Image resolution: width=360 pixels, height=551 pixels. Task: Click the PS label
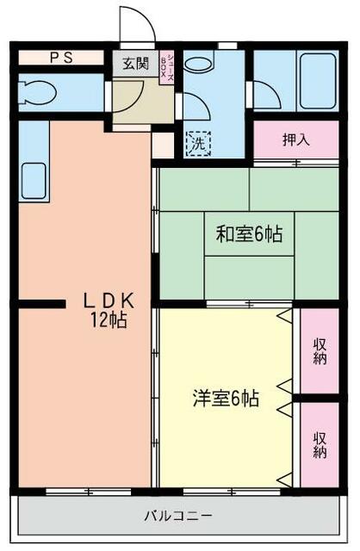60,59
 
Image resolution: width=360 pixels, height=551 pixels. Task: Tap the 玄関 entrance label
133,63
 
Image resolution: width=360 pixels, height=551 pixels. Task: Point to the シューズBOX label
171,67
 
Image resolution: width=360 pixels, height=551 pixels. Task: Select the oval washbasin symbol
198,64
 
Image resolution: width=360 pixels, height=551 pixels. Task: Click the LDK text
108,300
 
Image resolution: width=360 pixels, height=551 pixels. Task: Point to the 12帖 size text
109,320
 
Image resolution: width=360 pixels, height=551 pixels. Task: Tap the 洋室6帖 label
226,398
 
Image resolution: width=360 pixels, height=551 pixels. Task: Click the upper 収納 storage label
320,351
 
